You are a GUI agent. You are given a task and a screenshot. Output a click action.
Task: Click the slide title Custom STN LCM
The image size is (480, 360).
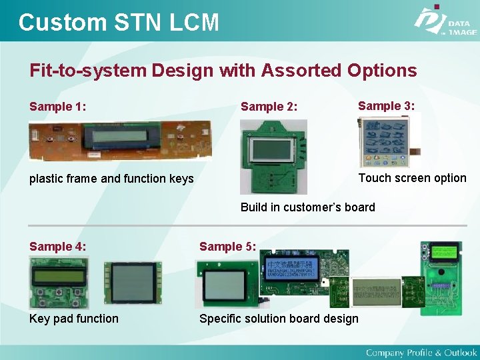119,22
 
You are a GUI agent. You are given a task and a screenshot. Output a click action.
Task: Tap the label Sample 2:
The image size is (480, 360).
269,107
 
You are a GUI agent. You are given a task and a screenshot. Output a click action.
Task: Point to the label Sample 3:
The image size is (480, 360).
386,105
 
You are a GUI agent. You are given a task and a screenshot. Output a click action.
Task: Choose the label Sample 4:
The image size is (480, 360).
57,247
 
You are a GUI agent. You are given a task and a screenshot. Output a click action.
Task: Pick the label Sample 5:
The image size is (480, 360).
227,247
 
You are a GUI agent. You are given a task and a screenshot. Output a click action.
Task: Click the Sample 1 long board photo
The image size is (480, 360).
120,141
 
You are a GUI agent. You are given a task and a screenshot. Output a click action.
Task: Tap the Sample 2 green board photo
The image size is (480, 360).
273,156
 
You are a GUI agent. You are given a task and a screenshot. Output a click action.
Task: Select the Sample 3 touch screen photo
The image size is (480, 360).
383,141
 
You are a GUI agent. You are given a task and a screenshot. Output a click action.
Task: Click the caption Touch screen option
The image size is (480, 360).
412,178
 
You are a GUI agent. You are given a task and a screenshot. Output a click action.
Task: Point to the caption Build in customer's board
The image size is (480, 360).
307,207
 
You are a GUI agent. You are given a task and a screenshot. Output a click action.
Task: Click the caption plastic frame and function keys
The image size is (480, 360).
111,179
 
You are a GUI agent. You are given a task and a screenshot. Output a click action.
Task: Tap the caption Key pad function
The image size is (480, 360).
74,319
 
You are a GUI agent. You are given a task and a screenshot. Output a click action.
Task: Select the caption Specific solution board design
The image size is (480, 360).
279,319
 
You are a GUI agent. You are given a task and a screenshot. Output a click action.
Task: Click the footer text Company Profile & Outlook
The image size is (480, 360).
421,352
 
